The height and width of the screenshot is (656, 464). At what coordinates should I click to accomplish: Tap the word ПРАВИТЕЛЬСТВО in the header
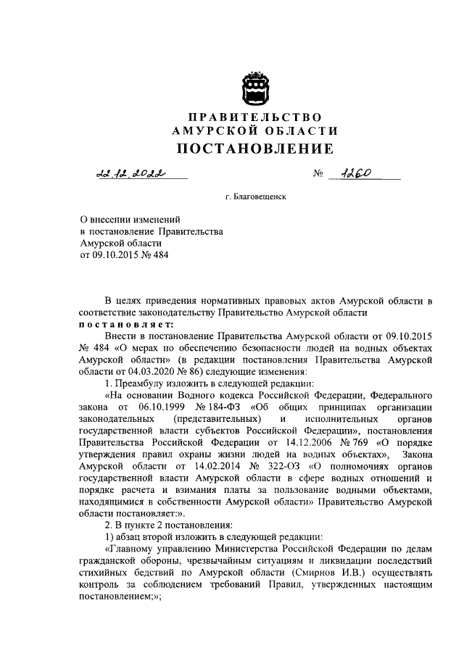pyautogui.click(x=254, y=117)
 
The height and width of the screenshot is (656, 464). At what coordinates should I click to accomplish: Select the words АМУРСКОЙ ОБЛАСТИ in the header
pyautogui.click(x=255, y=130)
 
